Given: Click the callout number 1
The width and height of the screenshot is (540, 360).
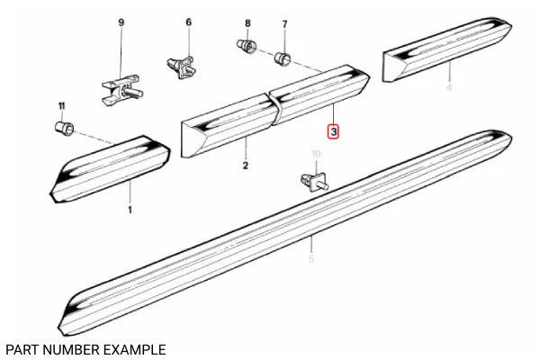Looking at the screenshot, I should (x=129, y=210).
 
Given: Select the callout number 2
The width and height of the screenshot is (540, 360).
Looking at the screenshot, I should (x=245, y=166).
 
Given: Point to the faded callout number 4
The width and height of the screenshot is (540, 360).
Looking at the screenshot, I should (x=449, y=87).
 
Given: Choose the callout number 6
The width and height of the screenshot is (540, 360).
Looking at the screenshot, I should (x=189, y=22).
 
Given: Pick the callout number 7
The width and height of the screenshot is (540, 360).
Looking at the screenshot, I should (x=284, y=23).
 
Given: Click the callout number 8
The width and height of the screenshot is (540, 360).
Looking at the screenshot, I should (x=247, y=22).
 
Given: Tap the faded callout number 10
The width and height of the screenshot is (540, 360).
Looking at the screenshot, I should (x=315, y=154).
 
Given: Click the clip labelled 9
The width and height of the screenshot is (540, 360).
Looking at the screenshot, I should (x=121, y=86).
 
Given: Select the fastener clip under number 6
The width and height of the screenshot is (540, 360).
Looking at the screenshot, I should (x=183, y=66).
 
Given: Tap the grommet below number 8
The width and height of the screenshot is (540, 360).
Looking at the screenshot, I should (x=245, y=45).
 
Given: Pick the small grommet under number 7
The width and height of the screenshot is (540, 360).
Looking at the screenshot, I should (x=283, y=59).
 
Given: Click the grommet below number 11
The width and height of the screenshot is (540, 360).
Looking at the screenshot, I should (x=65, y=129).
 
